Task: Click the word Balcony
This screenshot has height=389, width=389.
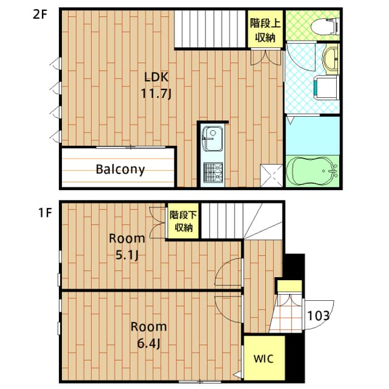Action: (120, 169)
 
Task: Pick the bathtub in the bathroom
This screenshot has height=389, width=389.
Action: (312, 171)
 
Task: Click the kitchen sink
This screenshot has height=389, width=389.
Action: (212, 139)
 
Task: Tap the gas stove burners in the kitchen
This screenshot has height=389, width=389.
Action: (212, 173)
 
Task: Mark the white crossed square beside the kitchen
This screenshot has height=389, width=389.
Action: (271, 175)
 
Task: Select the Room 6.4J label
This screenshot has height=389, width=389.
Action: (148, 335)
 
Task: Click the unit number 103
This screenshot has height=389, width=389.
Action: (318, 315)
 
